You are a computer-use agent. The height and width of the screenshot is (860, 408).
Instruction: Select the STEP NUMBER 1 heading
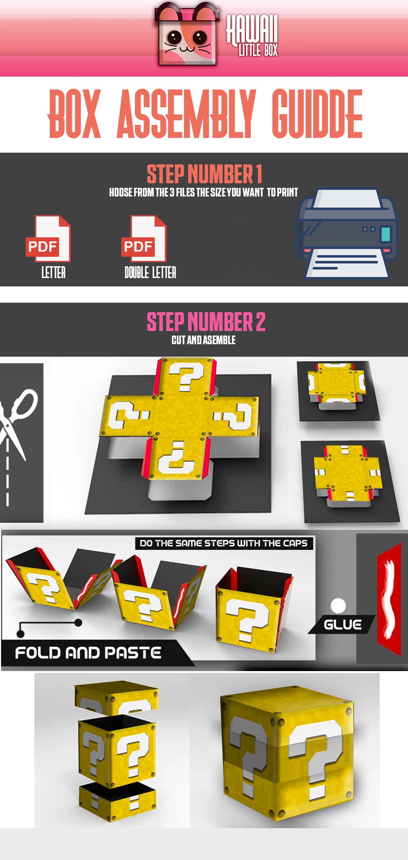204,174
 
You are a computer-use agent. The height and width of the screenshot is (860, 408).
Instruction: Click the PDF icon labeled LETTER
48,239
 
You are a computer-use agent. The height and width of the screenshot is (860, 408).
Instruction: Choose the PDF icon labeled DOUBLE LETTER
144,239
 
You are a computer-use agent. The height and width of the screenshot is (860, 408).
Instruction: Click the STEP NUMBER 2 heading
206,322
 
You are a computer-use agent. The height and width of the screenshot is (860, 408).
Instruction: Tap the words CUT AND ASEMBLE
204,340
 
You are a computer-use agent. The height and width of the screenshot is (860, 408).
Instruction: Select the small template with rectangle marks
348,474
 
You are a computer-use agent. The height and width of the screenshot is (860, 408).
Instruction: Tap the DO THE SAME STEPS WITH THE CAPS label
224,543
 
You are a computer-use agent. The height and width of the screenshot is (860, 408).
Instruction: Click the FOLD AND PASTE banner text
88,653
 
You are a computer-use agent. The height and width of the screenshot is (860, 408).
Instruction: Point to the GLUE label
342,625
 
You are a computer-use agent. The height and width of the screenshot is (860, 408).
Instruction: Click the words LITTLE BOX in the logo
258,50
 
